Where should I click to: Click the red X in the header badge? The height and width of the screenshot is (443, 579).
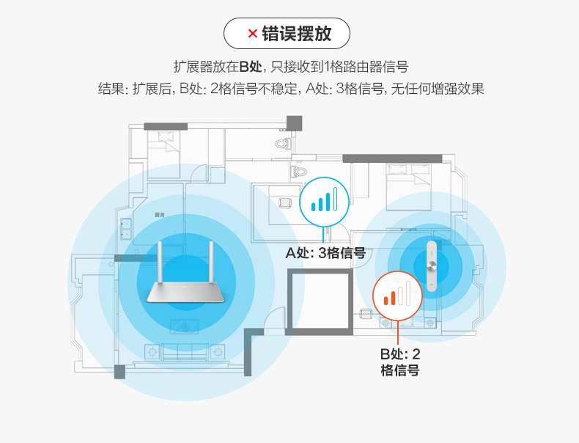point(251,33)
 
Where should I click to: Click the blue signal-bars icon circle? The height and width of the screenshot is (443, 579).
point(323,199)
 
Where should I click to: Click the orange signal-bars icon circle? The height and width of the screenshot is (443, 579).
point(399,296)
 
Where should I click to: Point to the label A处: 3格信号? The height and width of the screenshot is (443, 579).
point(325,254)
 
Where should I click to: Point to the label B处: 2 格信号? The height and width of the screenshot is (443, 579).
point(399,362)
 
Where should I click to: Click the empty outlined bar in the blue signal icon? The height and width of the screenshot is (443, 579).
point(336,199)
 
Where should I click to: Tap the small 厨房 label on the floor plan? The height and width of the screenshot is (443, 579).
point(159,215)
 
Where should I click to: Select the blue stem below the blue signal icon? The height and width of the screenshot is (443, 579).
point(323,233)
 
